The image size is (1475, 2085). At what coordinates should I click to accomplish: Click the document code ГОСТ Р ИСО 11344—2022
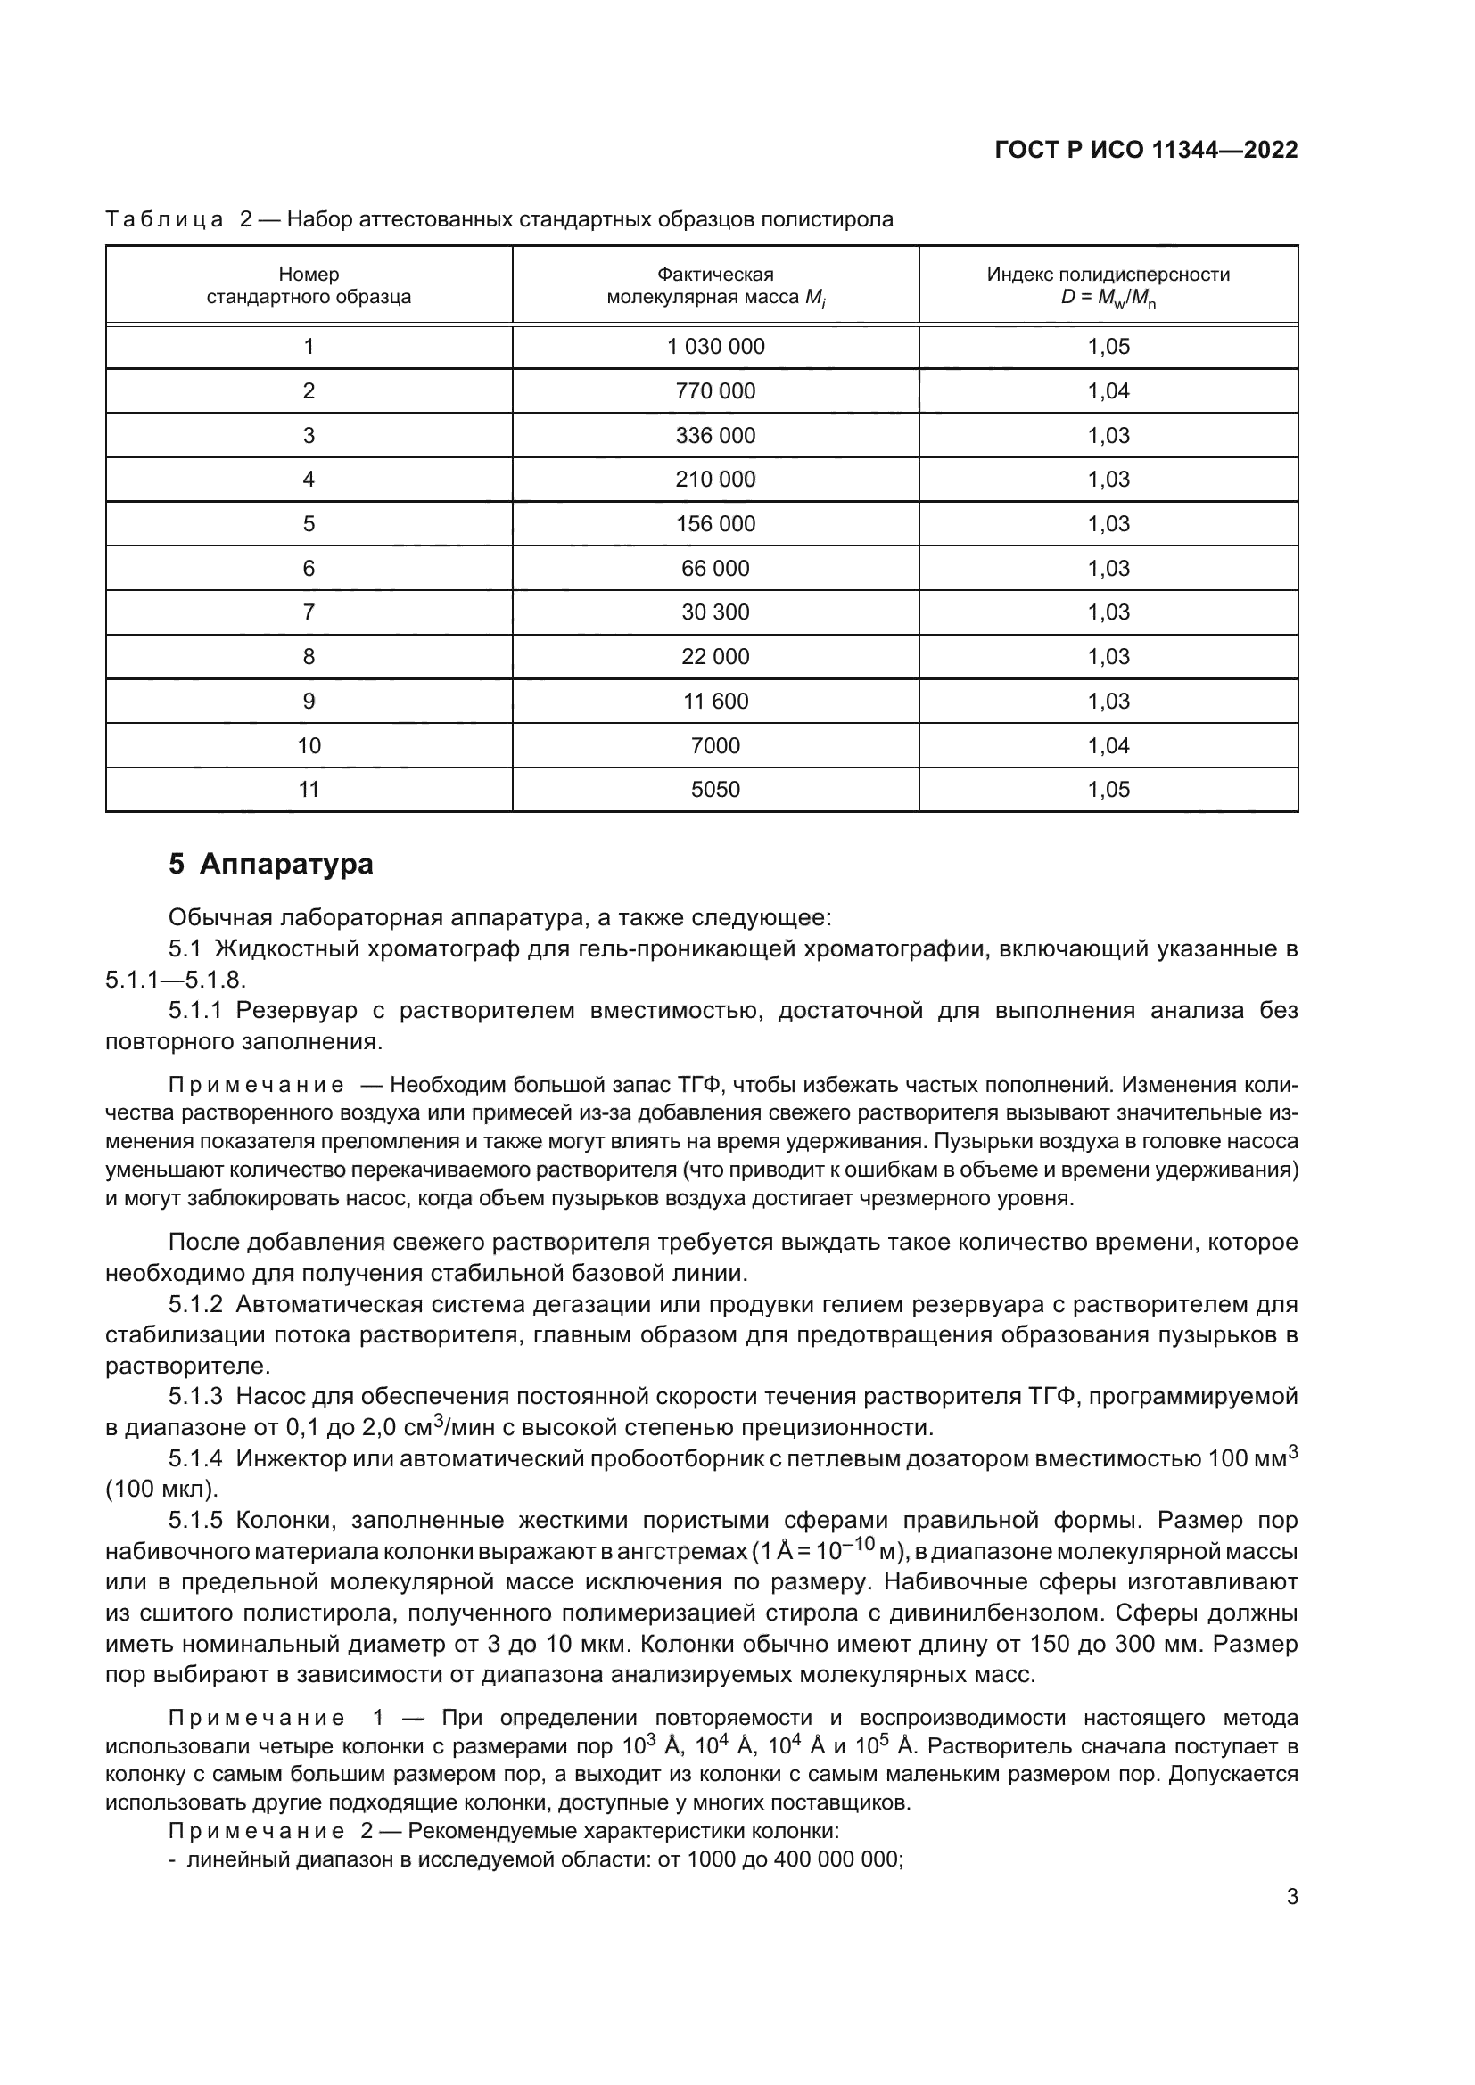1146,151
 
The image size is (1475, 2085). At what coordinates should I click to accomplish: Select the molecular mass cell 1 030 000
716,347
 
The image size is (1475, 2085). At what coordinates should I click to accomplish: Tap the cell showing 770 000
716,391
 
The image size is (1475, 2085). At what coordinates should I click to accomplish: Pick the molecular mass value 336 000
716,436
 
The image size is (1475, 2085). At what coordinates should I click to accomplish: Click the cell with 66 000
716,569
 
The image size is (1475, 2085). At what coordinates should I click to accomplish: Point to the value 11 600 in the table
716,701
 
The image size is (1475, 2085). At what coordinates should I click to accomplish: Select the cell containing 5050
716,789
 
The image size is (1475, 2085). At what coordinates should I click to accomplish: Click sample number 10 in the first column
309,745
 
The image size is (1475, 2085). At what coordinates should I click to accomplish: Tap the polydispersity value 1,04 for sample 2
1109,391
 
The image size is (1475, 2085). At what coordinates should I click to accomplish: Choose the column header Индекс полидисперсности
1108,275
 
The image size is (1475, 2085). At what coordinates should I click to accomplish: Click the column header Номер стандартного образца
309,285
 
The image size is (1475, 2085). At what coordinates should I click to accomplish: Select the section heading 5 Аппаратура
271,864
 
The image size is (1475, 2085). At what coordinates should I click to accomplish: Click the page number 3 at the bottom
1291,1896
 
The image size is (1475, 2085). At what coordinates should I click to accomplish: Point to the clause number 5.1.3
195,1396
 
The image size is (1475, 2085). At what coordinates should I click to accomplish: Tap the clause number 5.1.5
195,1520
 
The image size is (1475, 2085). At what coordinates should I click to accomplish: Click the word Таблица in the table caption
164,220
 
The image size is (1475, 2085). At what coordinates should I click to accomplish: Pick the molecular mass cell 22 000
716,657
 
